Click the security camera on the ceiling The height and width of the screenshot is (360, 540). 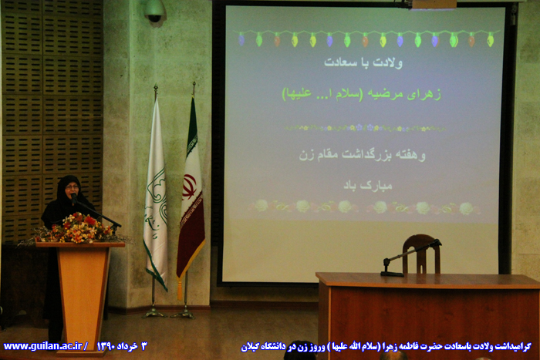point(154,11)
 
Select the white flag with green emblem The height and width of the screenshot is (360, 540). point(156,193)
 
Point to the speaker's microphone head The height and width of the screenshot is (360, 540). point(74,197)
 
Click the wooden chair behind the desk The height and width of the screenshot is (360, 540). point(421,254)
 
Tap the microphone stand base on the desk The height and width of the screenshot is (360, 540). point(392,274)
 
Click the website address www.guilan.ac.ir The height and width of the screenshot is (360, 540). point(42,346)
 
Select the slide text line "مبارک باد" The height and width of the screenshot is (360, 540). point(368,185)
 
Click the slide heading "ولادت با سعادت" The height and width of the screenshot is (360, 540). point(363,62)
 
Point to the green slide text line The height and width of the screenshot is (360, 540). point(362,94)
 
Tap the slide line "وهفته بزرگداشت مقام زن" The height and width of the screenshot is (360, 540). point(363,155)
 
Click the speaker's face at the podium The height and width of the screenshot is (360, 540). point(72,189)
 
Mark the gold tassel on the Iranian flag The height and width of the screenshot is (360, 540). point(180,290)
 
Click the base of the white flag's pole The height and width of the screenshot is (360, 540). point(154,313)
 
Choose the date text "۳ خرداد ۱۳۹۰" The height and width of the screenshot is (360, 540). point(122,346)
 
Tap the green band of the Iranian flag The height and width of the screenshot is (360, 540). point(192,131)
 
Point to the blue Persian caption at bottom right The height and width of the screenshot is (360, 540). point(386,347)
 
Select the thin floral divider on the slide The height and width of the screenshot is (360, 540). point(365,128)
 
